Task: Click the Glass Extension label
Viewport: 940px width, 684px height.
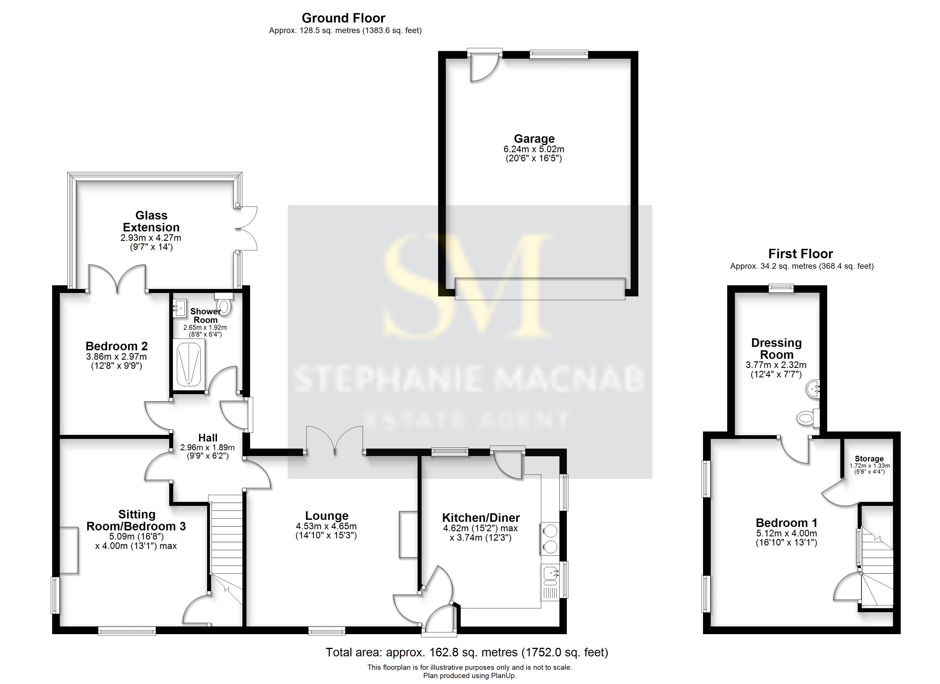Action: [151, 221]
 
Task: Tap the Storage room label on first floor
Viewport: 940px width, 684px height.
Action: [869, 459]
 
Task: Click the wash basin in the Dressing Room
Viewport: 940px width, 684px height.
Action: [813, 389]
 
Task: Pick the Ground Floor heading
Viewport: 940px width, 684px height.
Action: [343, 18]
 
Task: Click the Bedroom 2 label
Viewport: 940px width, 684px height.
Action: [117, 346]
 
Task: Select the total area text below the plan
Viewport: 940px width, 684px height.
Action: [467, 652]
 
